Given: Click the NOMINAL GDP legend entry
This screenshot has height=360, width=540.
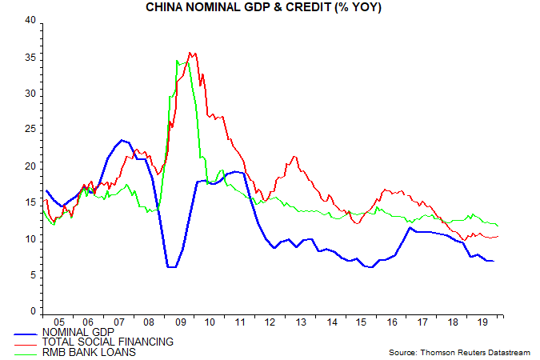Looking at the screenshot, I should [78, 331].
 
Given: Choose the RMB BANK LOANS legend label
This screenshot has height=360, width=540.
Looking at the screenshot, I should [89, 352].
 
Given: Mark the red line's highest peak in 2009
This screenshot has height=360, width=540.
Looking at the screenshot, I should [190, 53].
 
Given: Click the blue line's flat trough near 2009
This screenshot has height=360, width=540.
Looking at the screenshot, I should [171, 266].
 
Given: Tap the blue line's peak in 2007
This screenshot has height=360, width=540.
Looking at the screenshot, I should [122, 140].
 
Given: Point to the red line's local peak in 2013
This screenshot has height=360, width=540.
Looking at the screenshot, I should [294, 157].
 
